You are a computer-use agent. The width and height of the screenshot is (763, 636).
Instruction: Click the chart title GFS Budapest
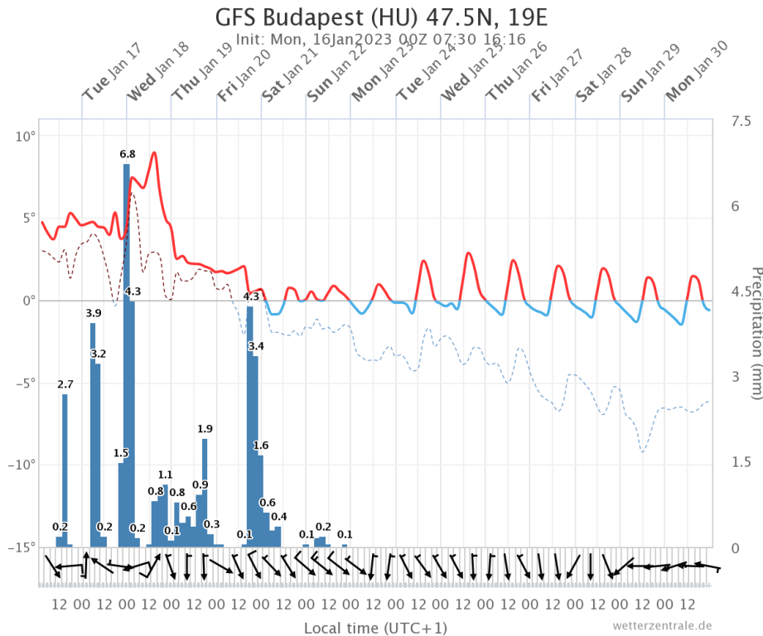381,18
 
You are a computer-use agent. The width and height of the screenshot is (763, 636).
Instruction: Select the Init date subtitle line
381,40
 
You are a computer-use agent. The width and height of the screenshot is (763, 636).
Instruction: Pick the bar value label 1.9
205,428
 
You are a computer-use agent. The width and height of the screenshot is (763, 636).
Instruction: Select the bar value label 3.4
256,345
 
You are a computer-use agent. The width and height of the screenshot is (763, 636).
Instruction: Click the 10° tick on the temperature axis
25,135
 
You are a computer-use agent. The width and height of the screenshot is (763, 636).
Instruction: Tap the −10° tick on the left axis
21,465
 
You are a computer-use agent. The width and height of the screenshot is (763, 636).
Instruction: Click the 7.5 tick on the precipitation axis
738,122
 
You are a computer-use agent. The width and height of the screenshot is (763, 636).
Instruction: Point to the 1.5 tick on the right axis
738,460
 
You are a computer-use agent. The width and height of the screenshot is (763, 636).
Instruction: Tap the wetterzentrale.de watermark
662,625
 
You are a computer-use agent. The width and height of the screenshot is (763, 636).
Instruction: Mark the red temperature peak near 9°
154,153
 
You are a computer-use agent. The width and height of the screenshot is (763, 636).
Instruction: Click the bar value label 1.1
165,475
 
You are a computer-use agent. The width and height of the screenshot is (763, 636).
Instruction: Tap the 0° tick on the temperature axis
27,300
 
